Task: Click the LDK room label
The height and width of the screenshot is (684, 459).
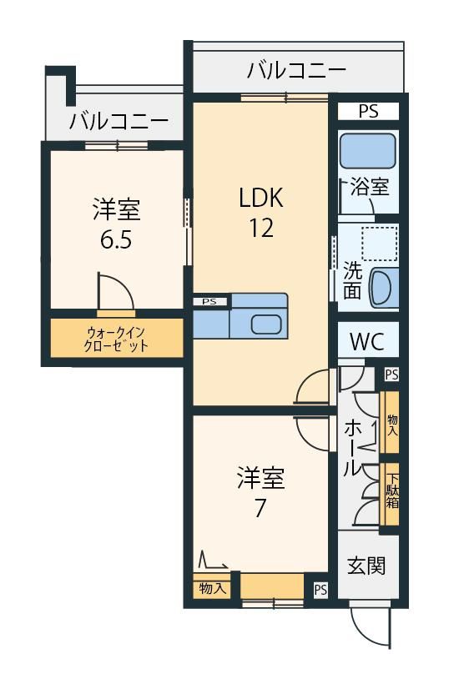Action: (x=261, y=197)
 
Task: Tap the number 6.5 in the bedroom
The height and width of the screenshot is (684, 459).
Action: (x=116, y=239)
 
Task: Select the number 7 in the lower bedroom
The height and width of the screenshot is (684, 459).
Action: (x=260, y=507)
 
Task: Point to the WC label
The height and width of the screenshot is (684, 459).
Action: (x=367, y=341)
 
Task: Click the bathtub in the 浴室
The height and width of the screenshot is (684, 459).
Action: (x=368, y=151)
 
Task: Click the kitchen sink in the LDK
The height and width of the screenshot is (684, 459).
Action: (x=267, y=324)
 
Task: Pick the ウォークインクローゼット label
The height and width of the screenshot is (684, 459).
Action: (x=116, y=339)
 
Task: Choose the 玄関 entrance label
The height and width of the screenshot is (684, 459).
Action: (x=366, y=566)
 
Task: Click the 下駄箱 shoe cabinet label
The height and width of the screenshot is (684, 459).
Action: (x=391, y=491)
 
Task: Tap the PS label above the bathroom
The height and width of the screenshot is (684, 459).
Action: (x=369, y=111)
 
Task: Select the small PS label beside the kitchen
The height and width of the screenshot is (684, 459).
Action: (x=209, y=301)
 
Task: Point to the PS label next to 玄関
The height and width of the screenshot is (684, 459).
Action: (x=320, y=591)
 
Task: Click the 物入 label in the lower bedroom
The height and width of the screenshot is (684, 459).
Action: (x=213, y=588)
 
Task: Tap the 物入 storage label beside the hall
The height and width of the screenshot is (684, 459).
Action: (x=393, y=425)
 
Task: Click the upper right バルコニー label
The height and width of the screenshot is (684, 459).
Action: (x=297, y=70)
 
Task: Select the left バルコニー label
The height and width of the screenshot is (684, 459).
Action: (x=119, y=121)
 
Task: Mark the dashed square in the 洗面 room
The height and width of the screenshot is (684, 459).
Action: (x=379, y=244)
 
